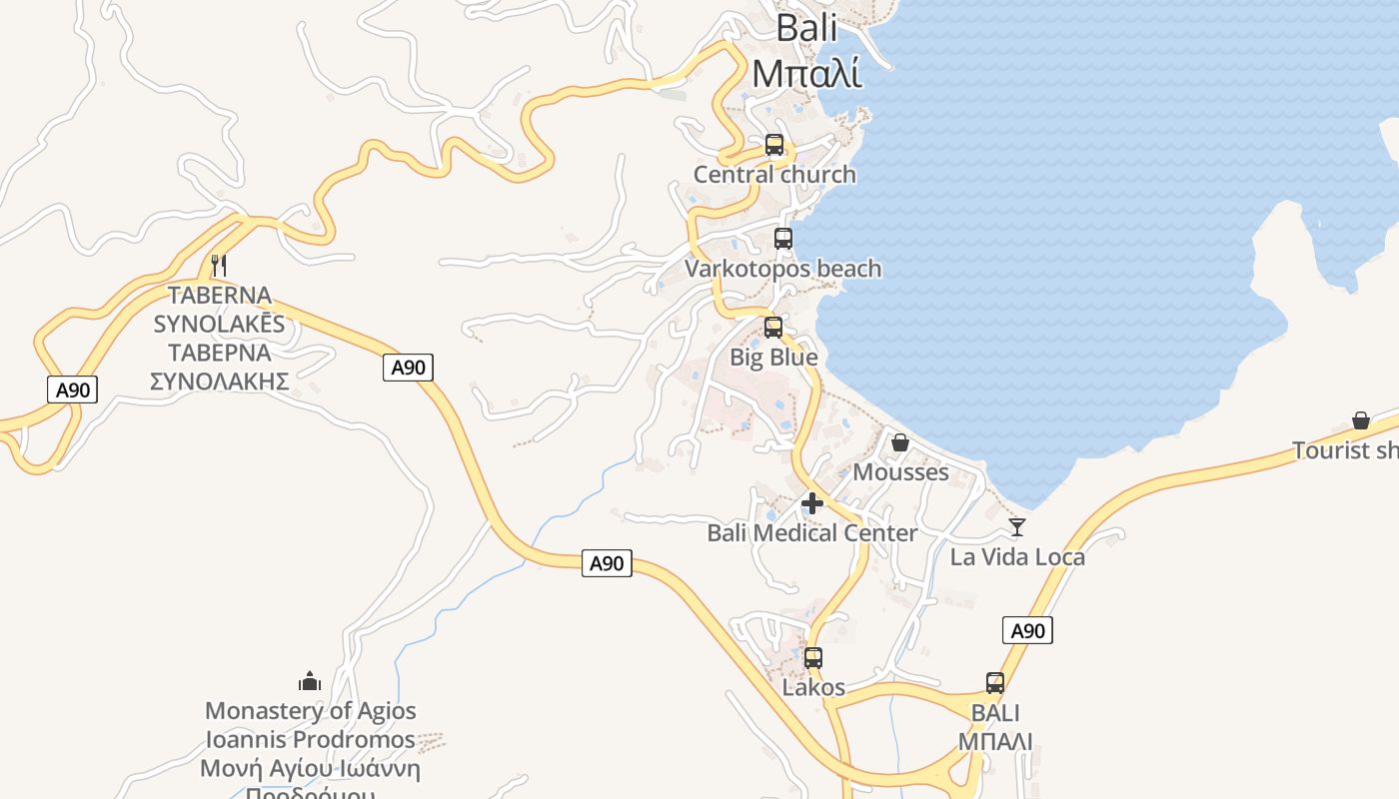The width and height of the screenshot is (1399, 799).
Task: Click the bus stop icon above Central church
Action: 774,145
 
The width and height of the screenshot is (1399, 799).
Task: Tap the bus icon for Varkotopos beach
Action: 783,239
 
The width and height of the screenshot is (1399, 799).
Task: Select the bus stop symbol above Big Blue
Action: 773,328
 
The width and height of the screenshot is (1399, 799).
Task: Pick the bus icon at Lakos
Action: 813,658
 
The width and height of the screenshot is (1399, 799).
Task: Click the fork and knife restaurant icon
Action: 220,266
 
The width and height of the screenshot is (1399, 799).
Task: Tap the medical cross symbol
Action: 812,503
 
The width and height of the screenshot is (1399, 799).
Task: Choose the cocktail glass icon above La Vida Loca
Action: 1017,527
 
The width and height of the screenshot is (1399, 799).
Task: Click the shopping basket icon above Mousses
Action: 900,442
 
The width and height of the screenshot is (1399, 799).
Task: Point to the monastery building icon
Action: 310,682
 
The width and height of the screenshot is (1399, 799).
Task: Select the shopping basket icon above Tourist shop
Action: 1361,420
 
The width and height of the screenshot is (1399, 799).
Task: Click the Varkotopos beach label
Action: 783,269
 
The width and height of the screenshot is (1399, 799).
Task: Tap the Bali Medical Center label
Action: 811,533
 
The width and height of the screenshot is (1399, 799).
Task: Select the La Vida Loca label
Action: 1017,557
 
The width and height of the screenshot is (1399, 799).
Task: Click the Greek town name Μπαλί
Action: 806,73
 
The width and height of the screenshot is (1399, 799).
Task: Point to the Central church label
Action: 774,175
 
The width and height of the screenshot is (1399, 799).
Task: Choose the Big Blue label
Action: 773,358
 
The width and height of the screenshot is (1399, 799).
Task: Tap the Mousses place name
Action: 900,472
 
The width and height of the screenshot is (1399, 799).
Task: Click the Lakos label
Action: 813,688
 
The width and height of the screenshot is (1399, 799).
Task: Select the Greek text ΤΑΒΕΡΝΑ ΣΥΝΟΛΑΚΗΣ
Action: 220,367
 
